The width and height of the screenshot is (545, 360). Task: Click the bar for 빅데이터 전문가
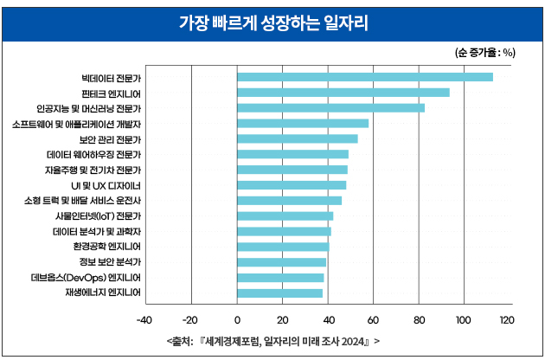point(364,77)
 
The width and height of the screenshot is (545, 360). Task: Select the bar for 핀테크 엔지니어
point(343,93)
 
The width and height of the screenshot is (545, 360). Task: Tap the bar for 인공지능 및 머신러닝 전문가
point(330,108)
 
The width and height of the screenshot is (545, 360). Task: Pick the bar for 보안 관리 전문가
point(297,138)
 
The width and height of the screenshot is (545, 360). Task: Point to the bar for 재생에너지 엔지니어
point(279,293)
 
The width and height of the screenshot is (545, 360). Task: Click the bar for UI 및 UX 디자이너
point(292,185)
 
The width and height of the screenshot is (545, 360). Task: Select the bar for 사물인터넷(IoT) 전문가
point(285,216)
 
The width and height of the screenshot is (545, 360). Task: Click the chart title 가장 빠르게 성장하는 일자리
point(272,22)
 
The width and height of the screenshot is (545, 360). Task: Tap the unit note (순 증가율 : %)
point(484,52)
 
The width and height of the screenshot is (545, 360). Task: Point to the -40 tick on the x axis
point(145,320)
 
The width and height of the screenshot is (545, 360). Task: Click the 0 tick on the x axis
point(237,320)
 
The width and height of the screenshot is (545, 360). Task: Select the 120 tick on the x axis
point(507,320)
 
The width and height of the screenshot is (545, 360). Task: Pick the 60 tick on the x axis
point(372,320)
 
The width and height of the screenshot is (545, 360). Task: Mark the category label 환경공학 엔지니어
point(108,247)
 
